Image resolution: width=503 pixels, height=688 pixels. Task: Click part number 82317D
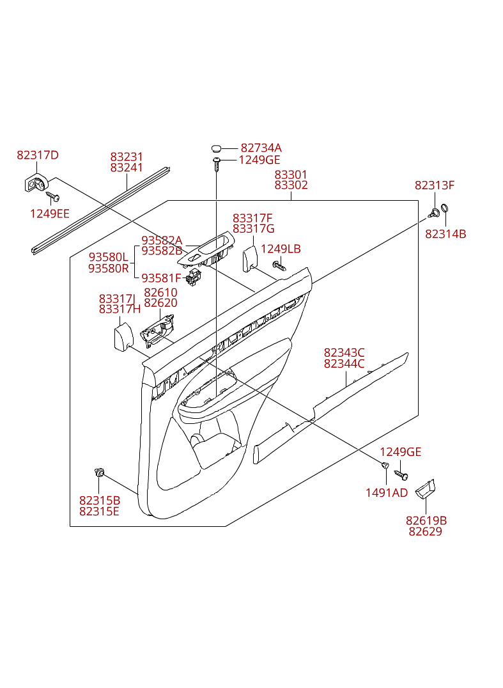(38, 155)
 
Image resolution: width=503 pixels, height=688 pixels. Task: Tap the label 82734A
(261, 148)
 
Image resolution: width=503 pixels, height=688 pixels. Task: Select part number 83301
(291, 175)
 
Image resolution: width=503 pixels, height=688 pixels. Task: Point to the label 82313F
(435, 185)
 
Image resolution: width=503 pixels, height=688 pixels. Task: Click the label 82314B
(445, 234)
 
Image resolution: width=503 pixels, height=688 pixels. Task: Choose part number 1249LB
(281, 249)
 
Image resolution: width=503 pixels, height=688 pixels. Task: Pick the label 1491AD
(386, 492)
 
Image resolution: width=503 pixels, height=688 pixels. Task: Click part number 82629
(425, 531)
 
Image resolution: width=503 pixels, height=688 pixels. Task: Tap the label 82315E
(99, 511)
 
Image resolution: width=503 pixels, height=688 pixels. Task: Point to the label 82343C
(344, 352)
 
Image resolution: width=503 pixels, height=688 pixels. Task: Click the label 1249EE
(50, 214)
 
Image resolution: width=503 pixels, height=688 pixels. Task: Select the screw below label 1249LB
(279, 265)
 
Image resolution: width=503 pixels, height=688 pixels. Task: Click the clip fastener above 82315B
(99, 473)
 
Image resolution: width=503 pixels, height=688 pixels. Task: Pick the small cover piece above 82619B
(425, 489)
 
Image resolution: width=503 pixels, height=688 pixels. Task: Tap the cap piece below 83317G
(249, 260)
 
